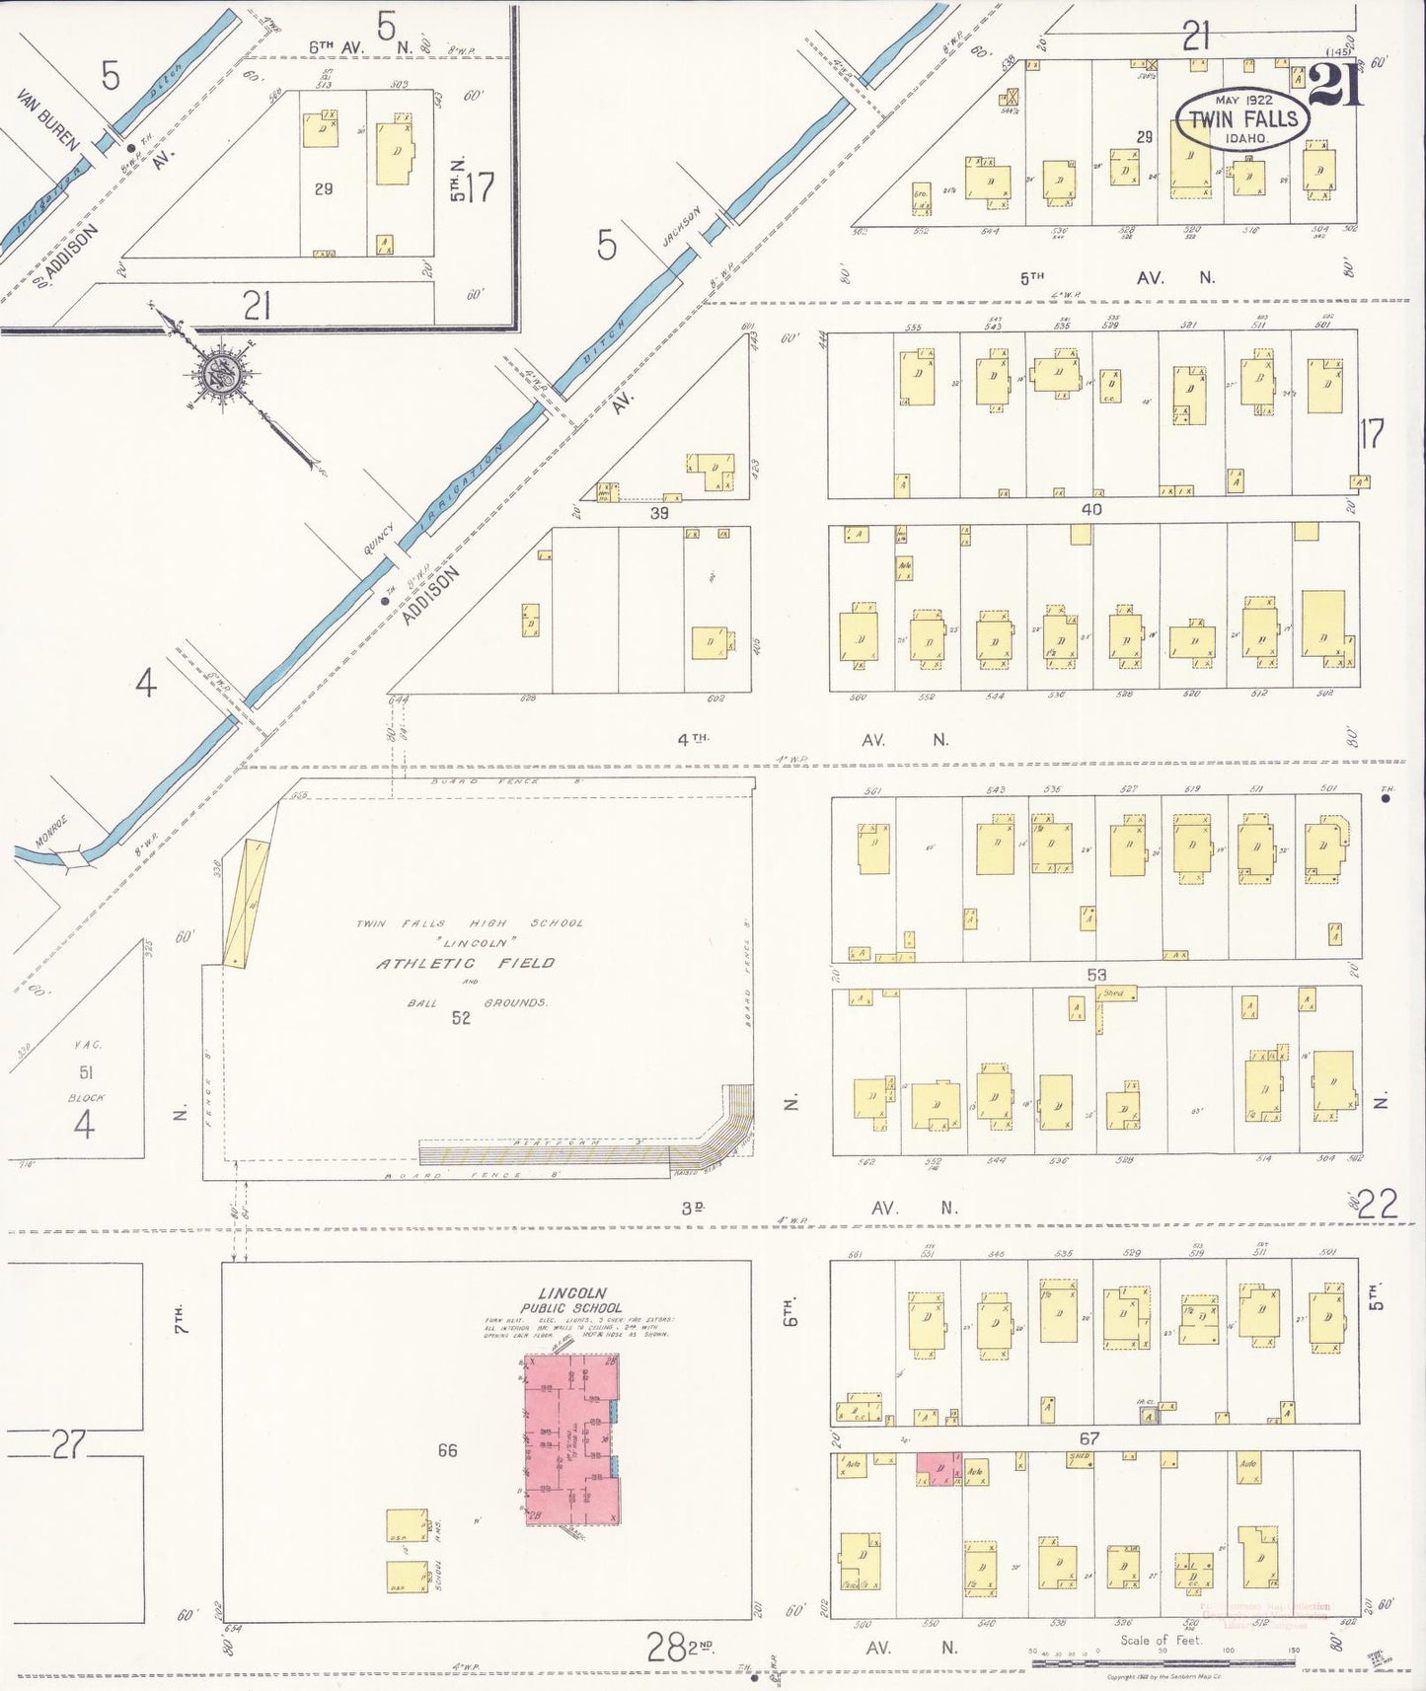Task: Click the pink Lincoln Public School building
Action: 570,1439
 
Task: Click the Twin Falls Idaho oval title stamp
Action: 1242,119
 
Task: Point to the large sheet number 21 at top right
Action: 1336,85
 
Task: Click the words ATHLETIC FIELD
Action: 466,963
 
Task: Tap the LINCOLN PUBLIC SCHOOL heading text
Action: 571,1300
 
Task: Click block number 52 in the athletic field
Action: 461,1018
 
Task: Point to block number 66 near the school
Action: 447,1450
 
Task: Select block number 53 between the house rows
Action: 1096,975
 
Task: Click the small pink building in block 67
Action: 938,1468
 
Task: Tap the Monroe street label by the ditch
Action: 51,831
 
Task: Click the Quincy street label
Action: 379,540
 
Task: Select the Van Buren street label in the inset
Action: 47,120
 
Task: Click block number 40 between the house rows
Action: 1091,510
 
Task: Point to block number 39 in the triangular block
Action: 659,513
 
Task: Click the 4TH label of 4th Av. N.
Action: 694,738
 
